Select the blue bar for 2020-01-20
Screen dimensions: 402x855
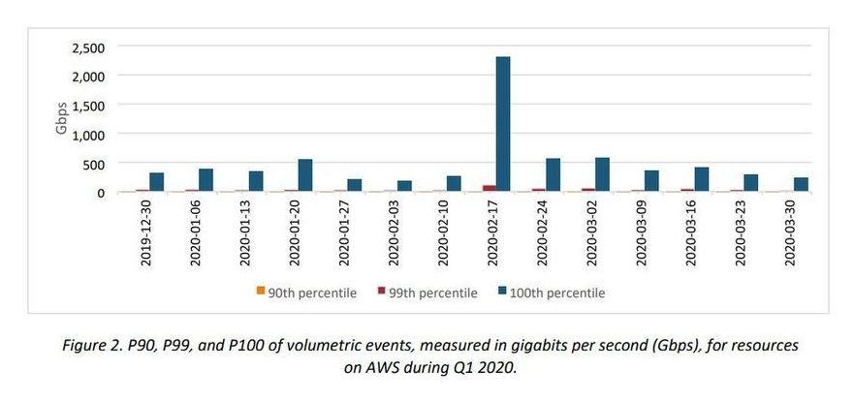pyautogui.click(x=305, y=175)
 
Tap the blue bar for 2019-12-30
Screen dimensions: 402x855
pyautogui.click(x=157, y=182)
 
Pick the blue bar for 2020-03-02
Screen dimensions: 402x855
pyautogui.click(x=602, y=174)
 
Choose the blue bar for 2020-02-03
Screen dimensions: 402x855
pyautogui.click(x=404, y=186)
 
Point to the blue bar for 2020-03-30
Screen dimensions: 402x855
pyautogui.click(x=801, y=184)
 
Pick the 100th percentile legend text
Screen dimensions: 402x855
pyautogui.click(x=558, y=293)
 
